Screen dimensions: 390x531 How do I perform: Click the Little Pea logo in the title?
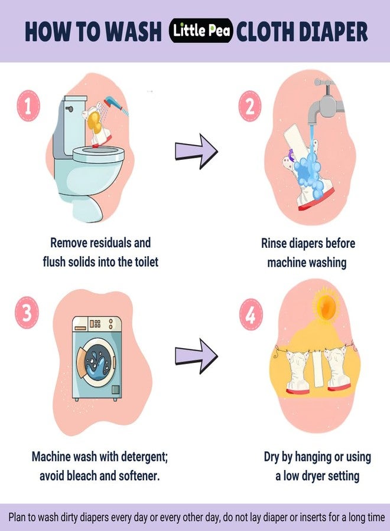coord(201,31)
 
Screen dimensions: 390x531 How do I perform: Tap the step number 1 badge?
coord(28,106)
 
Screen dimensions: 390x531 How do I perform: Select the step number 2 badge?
coord(250,106)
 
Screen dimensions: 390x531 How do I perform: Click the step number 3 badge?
coord(27,312)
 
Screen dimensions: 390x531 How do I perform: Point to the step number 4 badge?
coord(251,314)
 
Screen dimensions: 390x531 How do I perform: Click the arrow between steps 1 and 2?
coord(196,151)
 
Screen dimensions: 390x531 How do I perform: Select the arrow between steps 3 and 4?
coord(196,356)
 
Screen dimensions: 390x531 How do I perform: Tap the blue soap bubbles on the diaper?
coord(308,172)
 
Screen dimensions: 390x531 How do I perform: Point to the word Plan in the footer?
coord(17,517)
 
